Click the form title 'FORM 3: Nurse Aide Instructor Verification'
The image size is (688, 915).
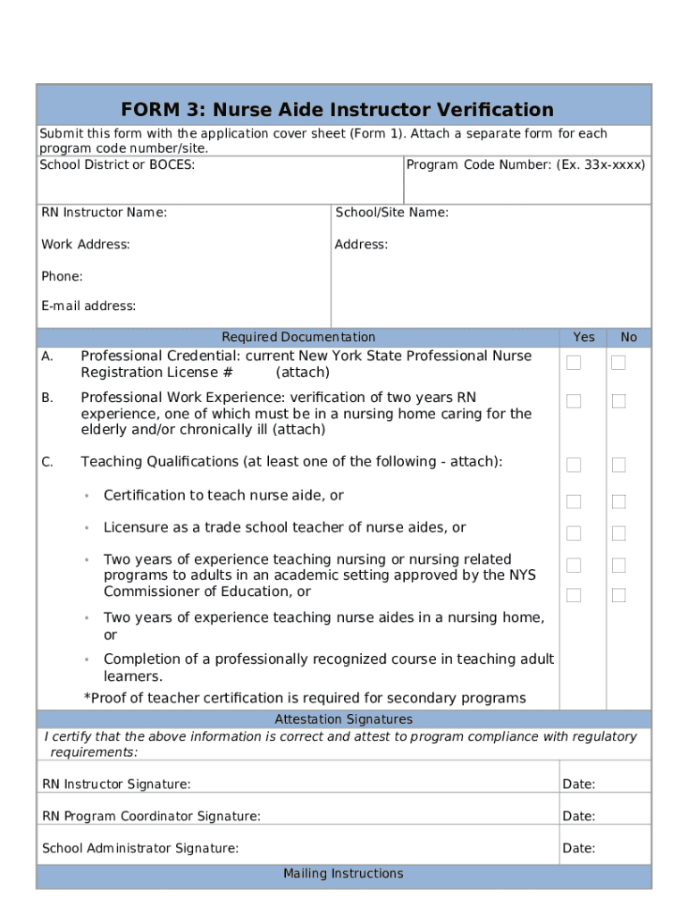tap(338, 110)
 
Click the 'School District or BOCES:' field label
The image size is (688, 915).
tap(117, 164)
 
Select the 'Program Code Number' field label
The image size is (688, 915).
tap(525, 164)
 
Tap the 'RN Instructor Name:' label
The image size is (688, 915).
tap(104, 213)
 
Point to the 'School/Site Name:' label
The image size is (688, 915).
tap(391, 213)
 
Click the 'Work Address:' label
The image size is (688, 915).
tap(86, 244)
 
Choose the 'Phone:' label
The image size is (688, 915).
tap(62, 276)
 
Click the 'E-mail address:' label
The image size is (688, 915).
tap(88, 306)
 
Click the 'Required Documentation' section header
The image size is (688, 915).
tap(298, 337)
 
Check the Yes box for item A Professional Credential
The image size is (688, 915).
tap(574, 362)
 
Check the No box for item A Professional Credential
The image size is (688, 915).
tap(618, 362)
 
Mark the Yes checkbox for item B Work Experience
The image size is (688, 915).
tap(574, 401)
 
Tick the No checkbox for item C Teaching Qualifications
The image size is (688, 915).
tap(618, 465)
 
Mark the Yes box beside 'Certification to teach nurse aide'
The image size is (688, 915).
tap(574, 501)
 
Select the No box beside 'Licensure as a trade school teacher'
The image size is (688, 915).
tap(618, 533)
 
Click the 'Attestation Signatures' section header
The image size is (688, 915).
tap(343, 719)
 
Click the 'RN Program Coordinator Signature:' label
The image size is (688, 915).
tap(152, 816)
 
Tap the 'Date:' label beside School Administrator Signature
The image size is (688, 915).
tap(579, 848)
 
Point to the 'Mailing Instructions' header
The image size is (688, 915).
tap(343, 873)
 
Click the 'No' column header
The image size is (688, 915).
tap(629, 337)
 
